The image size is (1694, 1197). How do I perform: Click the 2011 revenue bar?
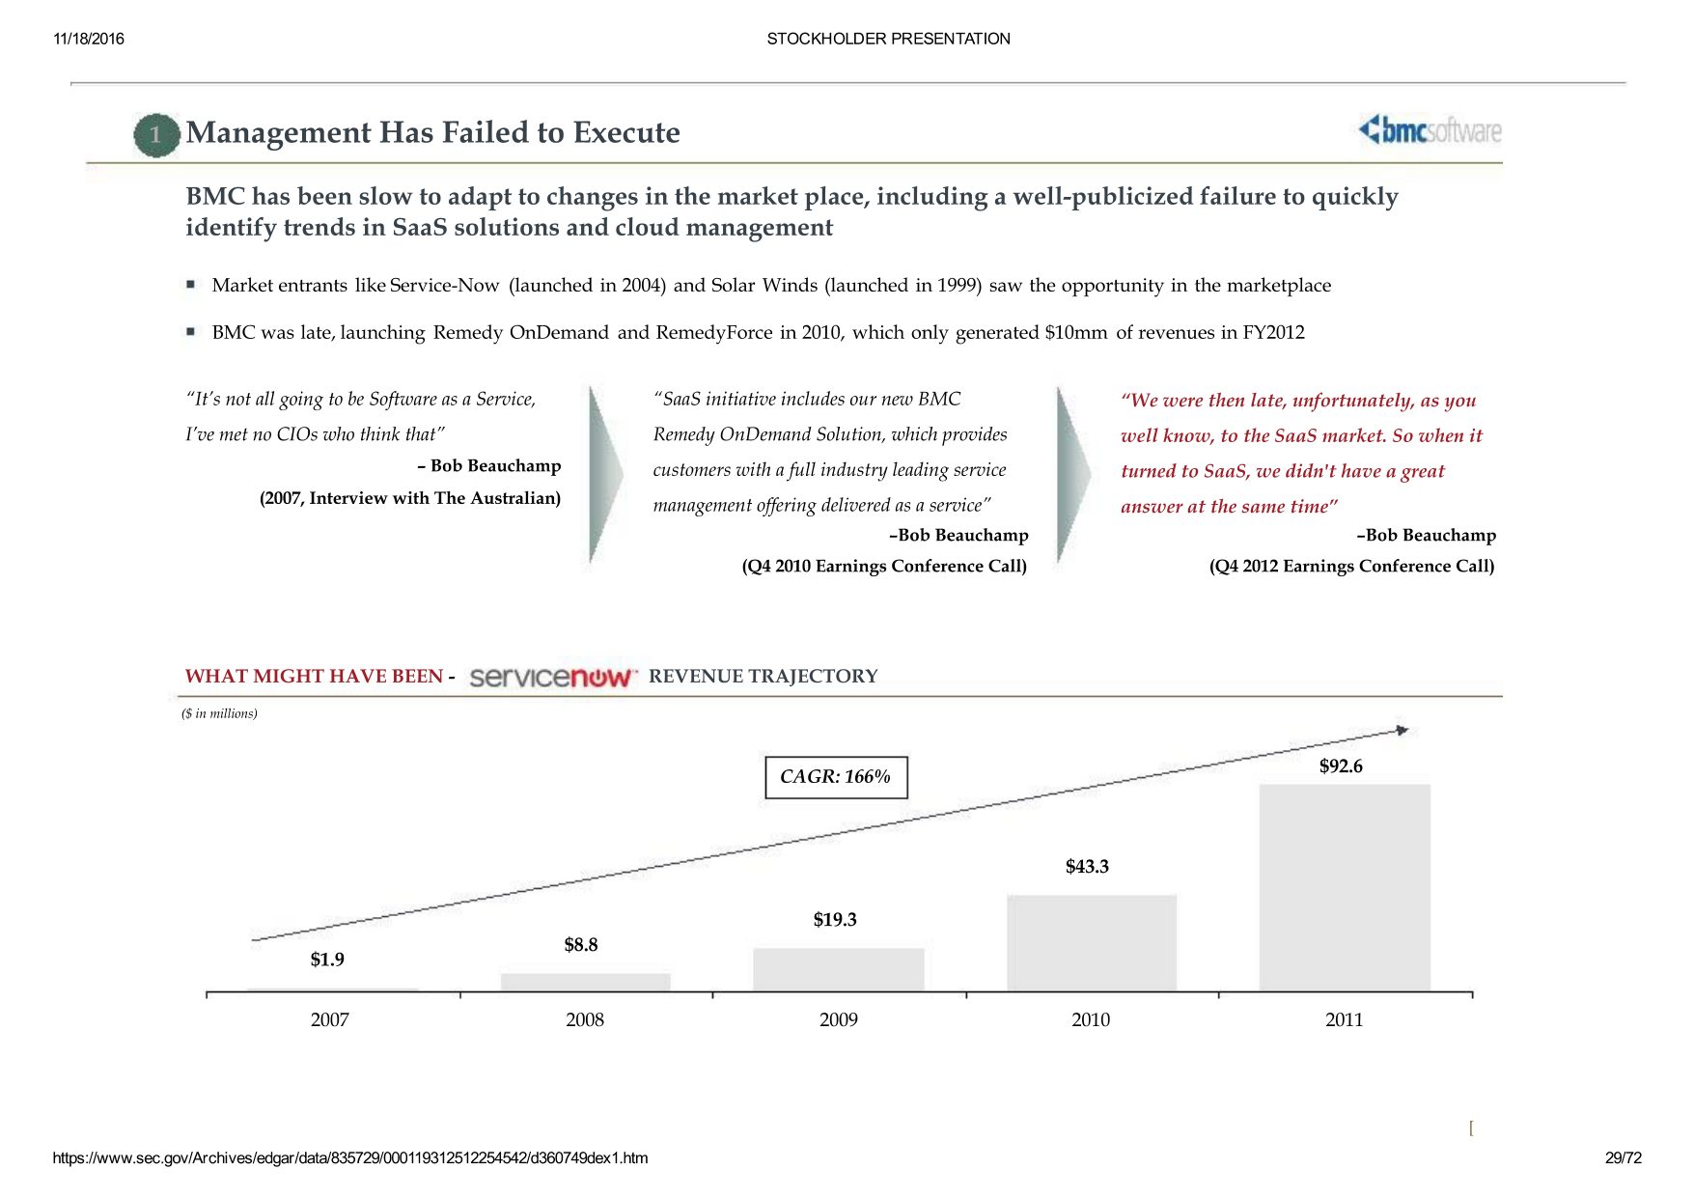click(x=1345, y=888)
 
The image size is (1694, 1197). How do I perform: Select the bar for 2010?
click(x=1092, y=943)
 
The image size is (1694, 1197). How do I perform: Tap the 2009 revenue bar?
click(x=839, y=970)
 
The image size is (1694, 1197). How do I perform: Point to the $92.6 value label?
click(x=1341, y=766)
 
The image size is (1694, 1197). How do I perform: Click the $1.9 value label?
click(x=327, y=960)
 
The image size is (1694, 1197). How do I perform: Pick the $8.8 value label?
click(x=581, y=945)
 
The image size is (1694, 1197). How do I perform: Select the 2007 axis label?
click(x=330, y=1019)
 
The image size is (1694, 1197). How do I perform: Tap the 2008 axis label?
click(x=585, y=1019)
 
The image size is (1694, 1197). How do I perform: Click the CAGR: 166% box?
click(x=836, y=777)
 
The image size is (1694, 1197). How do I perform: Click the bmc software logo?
click(x=1430, y=129)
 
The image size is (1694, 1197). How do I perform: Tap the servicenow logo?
click(x=553, y=677)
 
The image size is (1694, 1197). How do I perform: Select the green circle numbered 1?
click(x=156, y=135)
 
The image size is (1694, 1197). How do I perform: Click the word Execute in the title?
click(x=626, y=132)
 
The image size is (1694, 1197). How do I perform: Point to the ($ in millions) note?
click(x=219, y=713)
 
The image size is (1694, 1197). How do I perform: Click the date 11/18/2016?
click(x=89, y=39)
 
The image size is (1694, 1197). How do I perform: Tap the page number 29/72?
click(x=1624, y=1157)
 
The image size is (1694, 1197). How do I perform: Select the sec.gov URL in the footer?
click(x=350, y=1157)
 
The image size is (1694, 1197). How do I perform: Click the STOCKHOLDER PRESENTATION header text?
click(x=889, y=39)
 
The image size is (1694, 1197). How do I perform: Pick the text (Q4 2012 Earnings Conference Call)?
click(x=1352, y=567)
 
